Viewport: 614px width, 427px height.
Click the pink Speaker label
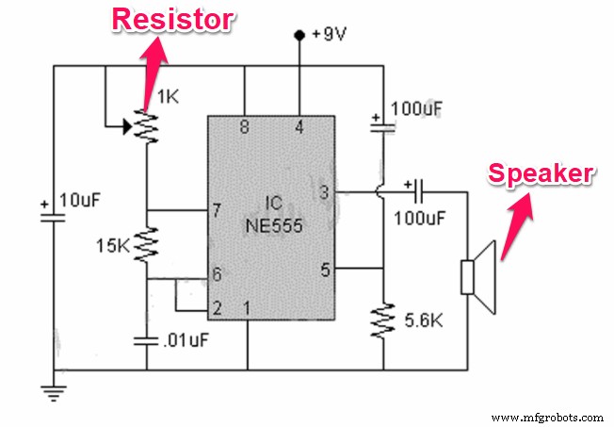coord(540,173)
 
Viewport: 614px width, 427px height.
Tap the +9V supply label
coord(330,35)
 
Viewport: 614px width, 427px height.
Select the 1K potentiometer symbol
coord(146,123)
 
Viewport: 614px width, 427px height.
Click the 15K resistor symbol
coord(146,246)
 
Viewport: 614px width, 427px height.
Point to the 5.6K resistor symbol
coord(384,320)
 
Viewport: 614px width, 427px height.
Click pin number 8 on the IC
coord(244,128)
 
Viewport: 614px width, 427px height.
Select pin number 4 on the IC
coord(299,128)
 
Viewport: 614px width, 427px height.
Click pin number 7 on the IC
coord(218,208)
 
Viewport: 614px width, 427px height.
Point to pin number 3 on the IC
coord(325,193)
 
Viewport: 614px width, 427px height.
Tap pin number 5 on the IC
coord(325,270)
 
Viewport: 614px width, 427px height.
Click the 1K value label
coord(167,96)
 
